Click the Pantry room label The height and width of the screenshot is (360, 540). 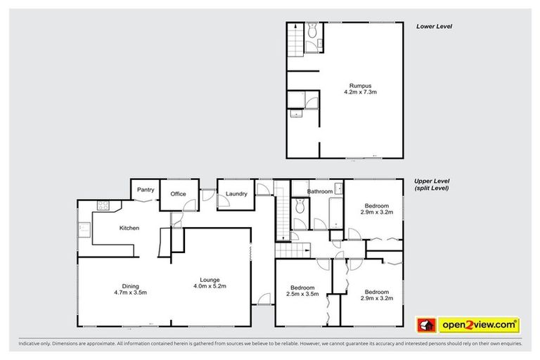point(146,189)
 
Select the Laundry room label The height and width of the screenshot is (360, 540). point(236,194)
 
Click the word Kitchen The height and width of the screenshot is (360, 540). point(129,228)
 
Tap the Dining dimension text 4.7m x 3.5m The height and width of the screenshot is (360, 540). point(131,292)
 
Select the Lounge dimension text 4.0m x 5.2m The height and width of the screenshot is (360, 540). point(210,286)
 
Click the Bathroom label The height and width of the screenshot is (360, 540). point(320,190)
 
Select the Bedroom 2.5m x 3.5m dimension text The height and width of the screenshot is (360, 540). point(303,295)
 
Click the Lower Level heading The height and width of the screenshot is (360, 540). point(433,26)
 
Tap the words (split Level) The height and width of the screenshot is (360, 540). point(432,188)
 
